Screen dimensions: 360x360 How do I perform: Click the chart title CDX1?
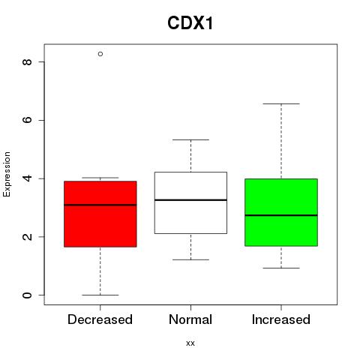[x=190, y=23]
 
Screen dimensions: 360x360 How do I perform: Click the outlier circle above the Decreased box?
[x=100, y=54]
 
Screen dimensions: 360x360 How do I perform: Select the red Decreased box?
[x=100, y=214]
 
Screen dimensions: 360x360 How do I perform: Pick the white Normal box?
[x=190, y=202]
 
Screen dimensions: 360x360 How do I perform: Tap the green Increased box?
[x=281, y=212]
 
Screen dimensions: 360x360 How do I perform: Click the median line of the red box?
[x=100, y=205]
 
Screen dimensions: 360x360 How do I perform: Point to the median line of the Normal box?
[x=190, y=200]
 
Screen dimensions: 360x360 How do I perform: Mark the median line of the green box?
[x=281, y=215]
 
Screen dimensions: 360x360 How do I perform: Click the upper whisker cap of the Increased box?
[x=281, y=103]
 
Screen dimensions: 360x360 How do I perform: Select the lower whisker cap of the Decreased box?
[x=100, y=295]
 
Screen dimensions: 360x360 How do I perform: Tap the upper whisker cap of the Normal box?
[x=190, y=139]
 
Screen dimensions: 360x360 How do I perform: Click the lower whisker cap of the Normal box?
[x=190, y=259]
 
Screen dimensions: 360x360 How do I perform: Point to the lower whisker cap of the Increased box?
[x=281, y=268]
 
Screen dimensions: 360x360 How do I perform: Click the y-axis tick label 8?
[x=27, y=61]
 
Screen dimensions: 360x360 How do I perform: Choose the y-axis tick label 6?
[x=27, y=120]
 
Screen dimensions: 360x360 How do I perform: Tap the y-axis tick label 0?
[x=27, y=295]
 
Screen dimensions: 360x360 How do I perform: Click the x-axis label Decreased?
[x=100, y=319]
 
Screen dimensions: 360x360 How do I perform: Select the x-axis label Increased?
[x=281, y=319]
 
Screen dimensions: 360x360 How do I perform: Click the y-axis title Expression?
[x=7, y=174]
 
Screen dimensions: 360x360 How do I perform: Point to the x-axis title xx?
[x=190, y=343]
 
